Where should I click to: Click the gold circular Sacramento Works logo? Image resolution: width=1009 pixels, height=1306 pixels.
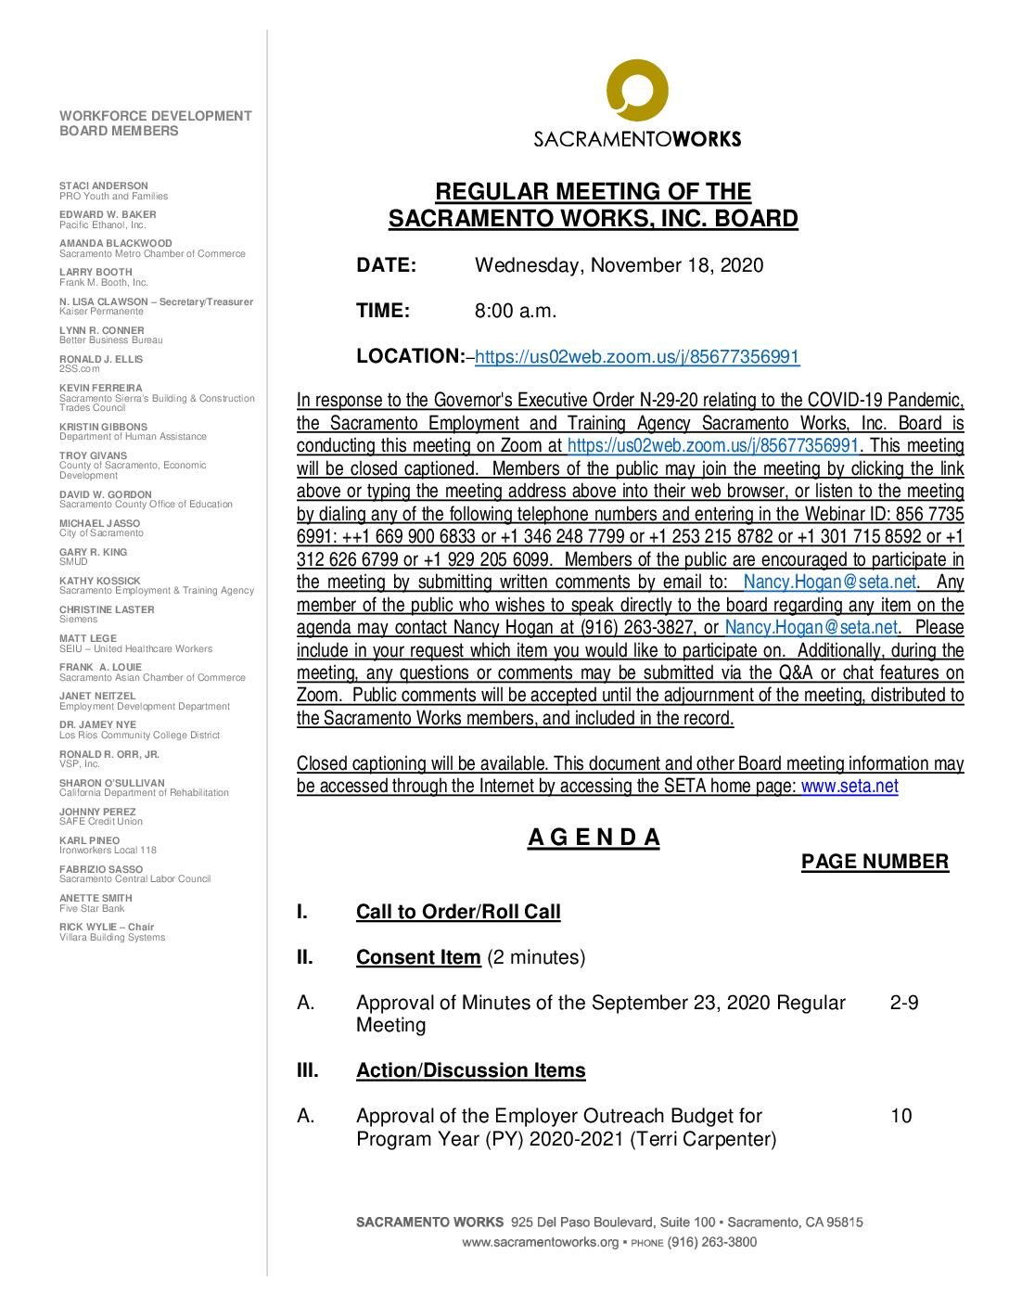[x=637, y=90]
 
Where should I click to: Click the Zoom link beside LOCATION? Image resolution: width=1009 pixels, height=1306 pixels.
[x=637, y=357]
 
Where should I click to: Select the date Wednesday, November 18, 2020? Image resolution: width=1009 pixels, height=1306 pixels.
[x=619, y=265]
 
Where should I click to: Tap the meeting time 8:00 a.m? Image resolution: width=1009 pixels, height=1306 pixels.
[x=516, y=311]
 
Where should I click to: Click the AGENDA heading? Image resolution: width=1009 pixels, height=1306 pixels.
[x=594, y=838]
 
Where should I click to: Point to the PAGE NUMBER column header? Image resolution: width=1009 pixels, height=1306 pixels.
[x=875, y=862]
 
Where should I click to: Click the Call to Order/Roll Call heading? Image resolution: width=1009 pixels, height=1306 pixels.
[x=458, y=912]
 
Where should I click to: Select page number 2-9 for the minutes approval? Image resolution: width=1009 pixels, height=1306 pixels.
[x=904, y=1003]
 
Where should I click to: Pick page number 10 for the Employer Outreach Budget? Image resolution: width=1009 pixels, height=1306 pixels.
[x=900, y=1116]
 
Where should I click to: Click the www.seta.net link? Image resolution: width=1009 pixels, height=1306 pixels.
[x=849, y=787]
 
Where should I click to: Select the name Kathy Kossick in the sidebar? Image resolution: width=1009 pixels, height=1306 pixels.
[x=100, y=581]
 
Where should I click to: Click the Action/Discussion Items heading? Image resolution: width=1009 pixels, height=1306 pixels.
[x=470, y=1070]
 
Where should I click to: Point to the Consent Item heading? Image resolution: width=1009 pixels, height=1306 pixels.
[x=417, y=957]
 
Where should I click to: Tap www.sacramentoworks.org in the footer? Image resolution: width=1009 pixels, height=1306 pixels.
[x=540, y=1242]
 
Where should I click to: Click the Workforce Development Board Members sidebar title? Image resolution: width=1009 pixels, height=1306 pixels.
[x=155, y=123]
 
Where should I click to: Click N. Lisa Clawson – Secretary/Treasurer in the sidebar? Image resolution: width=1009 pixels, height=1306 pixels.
[x=156, y=301]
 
